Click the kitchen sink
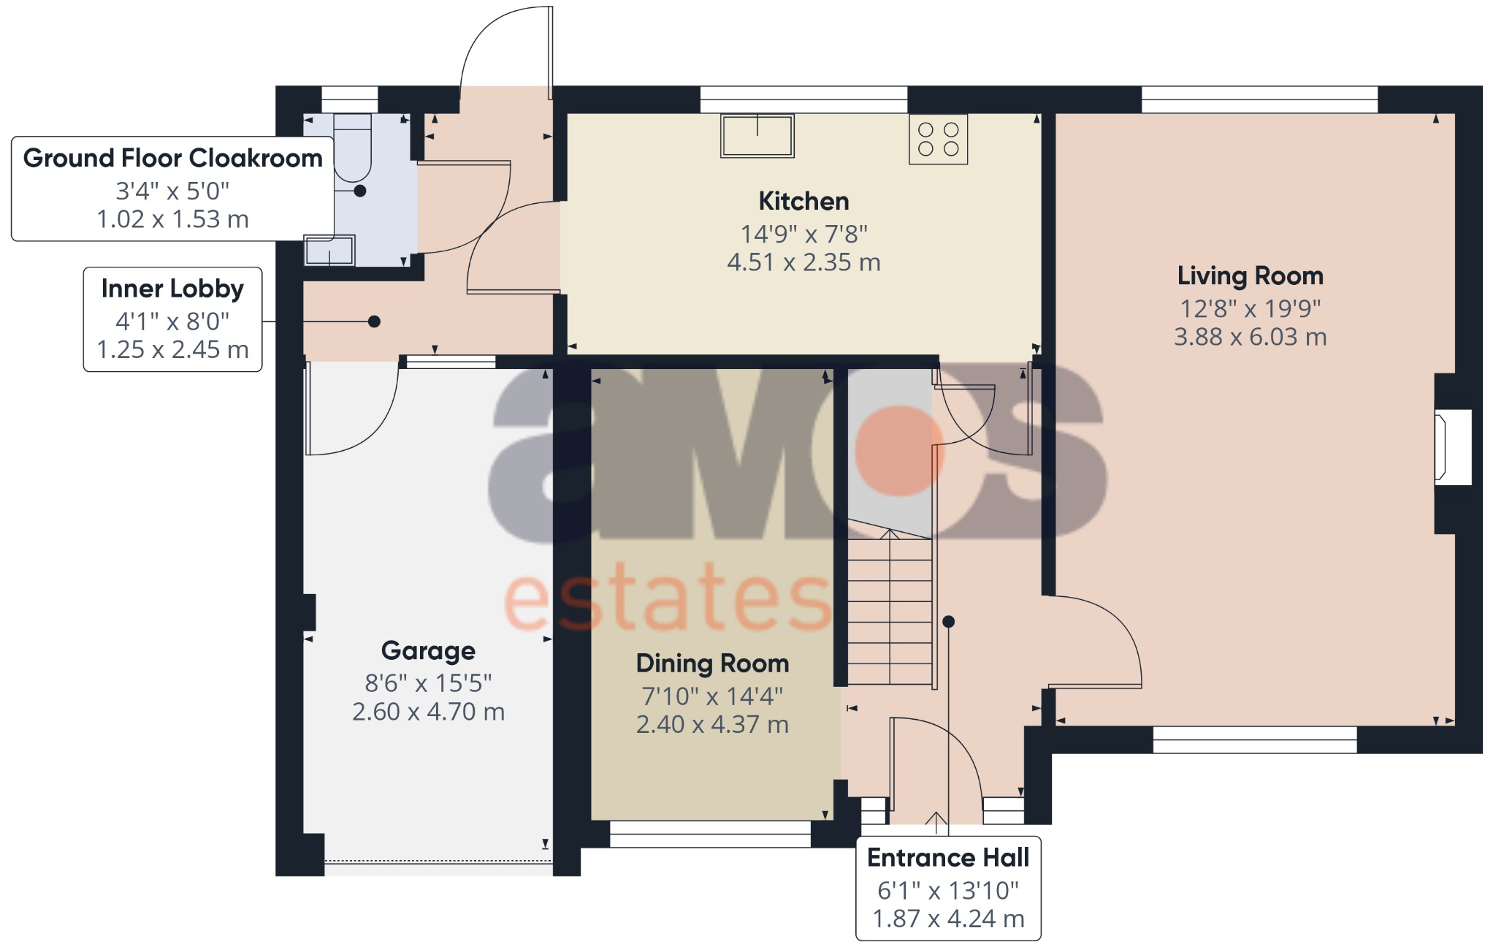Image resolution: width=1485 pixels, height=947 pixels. click(757, 136)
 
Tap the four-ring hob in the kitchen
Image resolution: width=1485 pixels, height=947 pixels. click(938, 139)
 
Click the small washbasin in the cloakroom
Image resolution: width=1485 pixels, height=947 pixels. click(329, 251)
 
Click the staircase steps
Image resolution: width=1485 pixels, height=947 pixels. click(890, 610)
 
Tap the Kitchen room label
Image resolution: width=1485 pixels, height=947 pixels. click(803, 201)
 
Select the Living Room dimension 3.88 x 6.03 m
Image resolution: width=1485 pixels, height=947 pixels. click(1250, 337)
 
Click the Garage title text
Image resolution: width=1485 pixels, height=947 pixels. click(428, 650)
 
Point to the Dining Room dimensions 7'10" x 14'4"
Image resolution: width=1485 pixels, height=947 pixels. click(712, 696)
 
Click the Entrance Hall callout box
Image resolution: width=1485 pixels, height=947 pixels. click(948, 888)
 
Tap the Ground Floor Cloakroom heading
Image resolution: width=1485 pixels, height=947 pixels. click(172, 158)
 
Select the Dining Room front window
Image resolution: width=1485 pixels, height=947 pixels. click(710, 834)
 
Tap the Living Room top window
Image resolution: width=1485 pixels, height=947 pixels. click(1259, 99)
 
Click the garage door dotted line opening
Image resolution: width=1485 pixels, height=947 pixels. click(438, 862)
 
